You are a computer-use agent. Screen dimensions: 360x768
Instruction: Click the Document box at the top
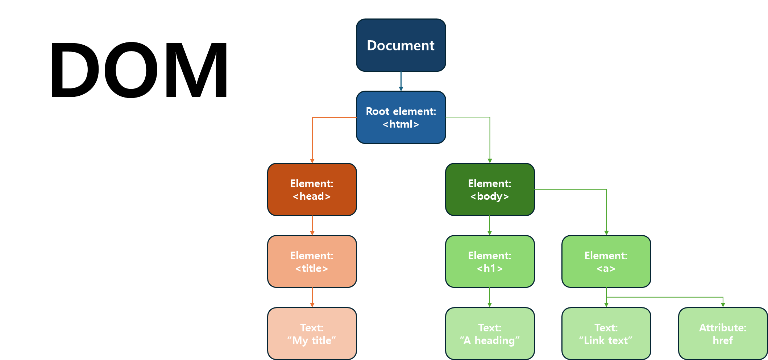point(400,45)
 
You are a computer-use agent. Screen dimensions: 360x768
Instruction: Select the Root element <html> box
point(400,117)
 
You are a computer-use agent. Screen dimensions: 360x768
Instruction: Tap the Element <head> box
point(312,189)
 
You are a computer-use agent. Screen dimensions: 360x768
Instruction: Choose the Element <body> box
point(489,189)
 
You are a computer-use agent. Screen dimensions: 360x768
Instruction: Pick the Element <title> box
point(312,261)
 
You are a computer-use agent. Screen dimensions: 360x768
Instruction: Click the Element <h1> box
point(489,261)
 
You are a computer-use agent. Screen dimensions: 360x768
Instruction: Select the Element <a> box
point(606,261)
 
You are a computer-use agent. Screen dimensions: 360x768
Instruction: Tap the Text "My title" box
point(312,334)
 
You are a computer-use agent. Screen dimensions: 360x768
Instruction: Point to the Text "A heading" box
point(489,334)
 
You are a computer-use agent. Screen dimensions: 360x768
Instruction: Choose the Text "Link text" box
point(606,334)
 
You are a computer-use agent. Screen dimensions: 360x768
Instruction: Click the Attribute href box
point(723,334)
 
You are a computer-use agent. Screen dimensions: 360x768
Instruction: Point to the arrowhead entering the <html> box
point(401,89)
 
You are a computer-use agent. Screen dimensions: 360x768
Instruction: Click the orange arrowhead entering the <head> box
point(312,161)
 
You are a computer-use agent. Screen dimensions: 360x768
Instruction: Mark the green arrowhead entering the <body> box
point(490,161)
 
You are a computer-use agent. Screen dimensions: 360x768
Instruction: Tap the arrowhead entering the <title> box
point(312,233)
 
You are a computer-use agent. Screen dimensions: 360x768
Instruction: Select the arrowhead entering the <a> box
point(606,233)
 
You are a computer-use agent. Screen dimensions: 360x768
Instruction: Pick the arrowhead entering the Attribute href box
point(723,305)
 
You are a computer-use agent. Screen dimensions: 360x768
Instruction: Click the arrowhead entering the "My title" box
point(312,305)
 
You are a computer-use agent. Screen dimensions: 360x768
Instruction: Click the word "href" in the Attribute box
point(723,340)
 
